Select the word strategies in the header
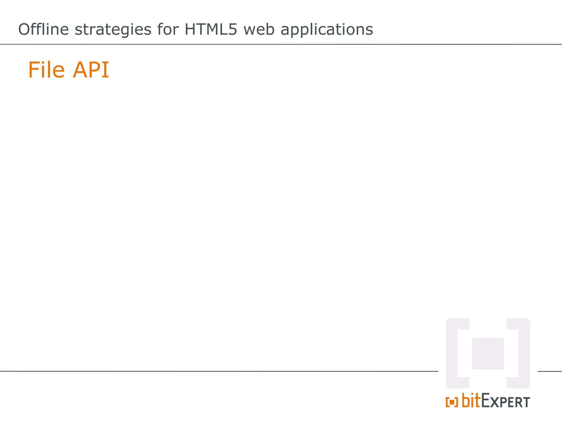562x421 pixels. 113,30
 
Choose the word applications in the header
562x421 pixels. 327,30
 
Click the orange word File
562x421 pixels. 46,70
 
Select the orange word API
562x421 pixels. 91,70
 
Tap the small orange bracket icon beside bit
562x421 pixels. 452,402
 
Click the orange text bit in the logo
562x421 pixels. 471,400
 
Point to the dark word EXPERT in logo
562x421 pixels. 505,401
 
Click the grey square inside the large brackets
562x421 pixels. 488,353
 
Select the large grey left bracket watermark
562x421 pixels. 452,353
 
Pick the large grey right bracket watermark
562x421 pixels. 524,353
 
